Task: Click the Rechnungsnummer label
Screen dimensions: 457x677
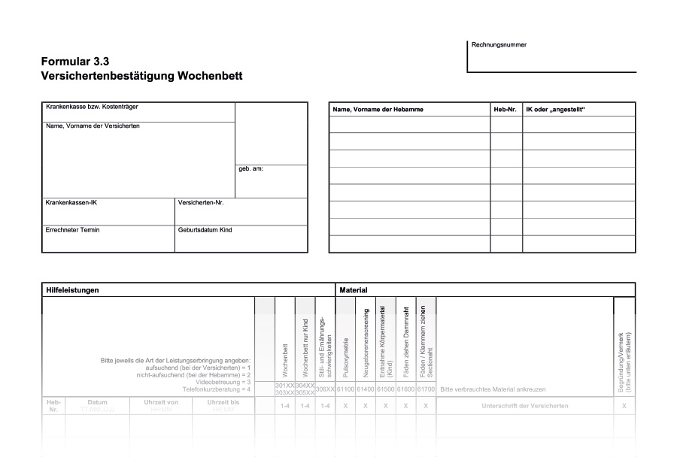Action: [x=499, y=44]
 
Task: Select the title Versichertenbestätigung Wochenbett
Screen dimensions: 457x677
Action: [x=142, y=76]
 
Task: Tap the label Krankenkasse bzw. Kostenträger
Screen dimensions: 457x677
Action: [x=92, y=107]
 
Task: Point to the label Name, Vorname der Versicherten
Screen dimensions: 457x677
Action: [x=93, y=126]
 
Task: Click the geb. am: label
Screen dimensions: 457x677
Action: [x=250, y=169]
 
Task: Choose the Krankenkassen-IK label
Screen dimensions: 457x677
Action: [x=71, y=202]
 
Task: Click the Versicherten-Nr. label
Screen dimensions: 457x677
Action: [x=201, y=202]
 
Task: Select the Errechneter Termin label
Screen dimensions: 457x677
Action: [x=72, y=229]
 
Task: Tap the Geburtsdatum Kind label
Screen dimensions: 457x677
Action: [x=205, y=229]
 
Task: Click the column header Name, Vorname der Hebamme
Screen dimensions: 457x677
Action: [x=378, y=110]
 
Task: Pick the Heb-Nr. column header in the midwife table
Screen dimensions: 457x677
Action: [x=505, y=110]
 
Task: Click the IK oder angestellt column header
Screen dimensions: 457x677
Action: [x=555, y=110]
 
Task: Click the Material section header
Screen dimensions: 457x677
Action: [x=353, y=289]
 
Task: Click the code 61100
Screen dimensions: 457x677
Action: [x=345, y=389]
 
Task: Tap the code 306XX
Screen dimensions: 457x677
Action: [x=325, y=389]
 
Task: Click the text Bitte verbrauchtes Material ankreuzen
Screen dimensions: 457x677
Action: [x=493, y=389]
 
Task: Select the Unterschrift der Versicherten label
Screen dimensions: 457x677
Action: [x=524, y=406]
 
